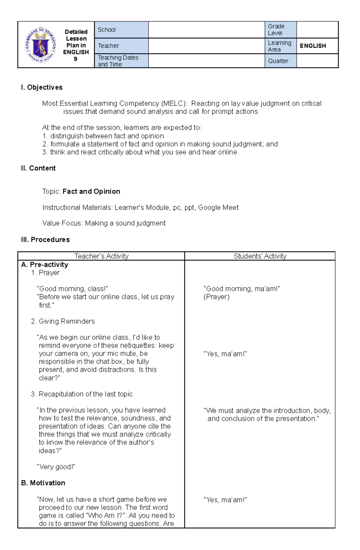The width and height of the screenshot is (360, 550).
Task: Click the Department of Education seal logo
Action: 40,45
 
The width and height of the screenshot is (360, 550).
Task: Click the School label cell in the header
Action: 121,30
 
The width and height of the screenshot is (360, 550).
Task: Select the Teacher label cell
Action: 121,46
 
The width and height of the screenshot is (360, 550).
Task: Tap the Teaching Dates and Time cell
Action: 121,61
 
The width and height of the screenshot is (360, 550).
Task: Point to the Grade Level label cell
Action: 280,30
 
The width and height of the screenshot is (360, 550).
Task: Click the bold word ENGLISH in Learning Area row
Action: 313,46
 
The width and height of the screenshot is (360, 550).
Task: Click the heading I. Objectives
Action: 42,88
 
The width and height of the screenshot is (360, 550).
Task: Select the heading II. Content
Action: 38,168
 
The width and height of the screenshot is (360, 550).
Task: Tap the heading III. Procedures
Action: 45,240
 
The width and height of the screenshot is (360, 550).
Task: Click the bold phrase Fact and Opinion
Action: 91,192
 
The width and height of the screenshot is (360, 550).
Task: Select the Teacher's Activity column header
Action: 101,256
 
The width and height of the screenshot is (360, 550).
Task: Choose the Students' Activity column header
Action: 260,256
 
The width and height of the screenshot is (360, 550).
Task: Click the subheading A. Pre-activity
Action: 45,265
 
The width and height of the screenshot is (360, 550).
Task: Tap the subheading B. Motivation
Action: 43,483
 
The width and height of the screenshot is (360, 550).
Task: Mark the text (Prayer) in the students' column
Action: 216,297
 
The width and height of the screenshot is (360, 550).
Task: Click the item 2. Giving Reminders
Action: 63,321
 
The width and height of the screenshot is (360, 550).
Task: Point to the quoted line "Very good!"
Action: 56,467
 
